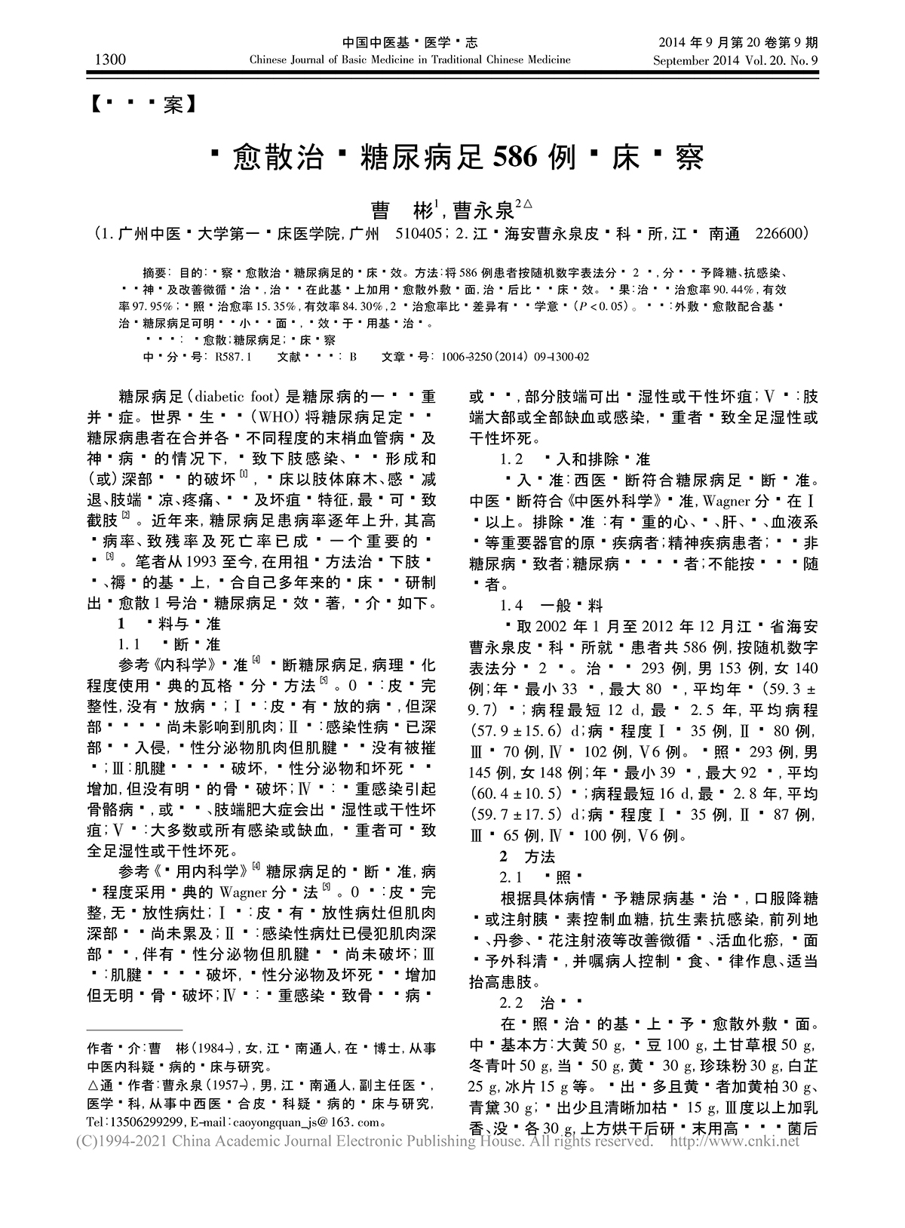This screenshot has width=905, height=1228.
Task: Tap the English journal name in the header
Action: (410, 60)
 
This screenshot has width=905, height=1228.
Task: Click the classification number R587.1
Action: (233, 356)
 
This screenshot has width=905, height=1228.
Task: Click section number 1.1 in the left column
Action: (130, 645)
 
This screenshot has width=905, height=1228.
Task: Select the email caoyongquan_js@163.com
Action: (313, 1122)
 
